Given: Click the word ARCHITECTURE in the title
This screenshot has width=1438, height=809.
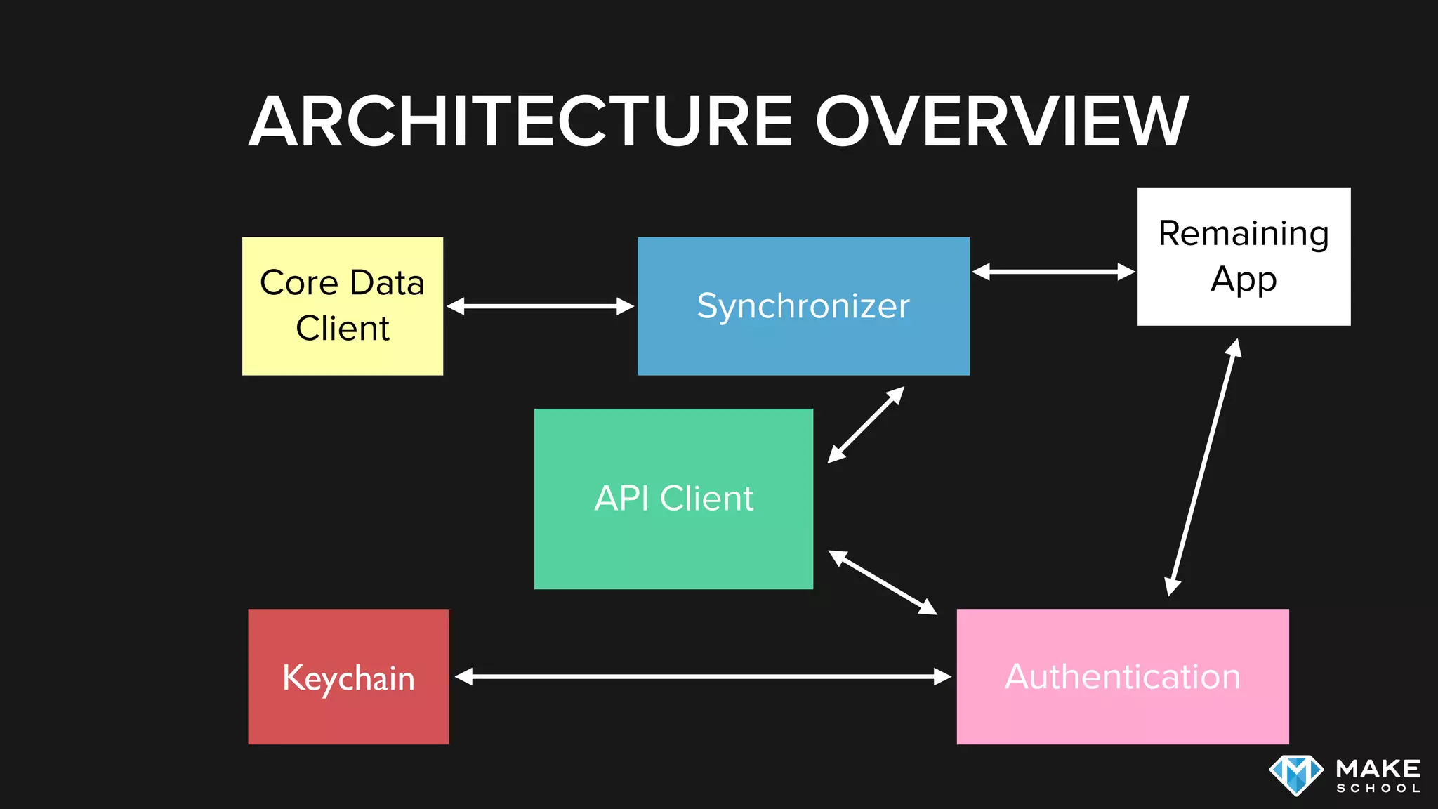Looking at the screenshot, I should (x=521, y=121).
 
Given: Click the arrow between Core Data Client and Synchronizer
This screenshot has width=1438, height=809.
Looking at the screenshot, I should (x=540, y=306).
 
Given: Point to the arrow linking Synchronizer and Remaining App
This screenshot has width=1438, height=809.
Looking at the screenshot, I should (x=1053, y=272).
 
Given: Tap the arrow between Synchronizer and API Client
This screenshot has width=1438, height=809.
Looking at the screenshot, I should (x=866, y=425).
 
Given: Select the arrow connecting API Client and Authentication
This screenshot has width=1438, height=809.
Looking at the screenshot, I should (x=883, y=582).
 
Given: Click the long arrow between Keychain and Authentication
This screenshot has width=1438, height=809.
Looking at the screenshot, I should (x=702, y=676).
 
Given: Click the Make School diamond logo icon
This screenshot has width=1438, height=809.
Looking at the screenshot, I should (x=1296, y=775).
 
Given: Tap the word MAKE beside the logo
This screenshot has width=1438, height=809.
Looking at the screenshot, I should (x=1378, y=768).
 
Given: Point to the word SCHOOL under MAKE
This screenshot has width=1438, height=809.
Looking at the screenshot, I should (x=1378, y=789).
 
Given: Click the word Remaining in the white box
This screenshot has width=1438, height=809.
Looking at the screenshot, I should (x=1244, y=234).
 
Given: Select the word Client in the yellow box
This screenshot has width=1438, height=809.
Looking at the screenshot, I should (x=342, y=329).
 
